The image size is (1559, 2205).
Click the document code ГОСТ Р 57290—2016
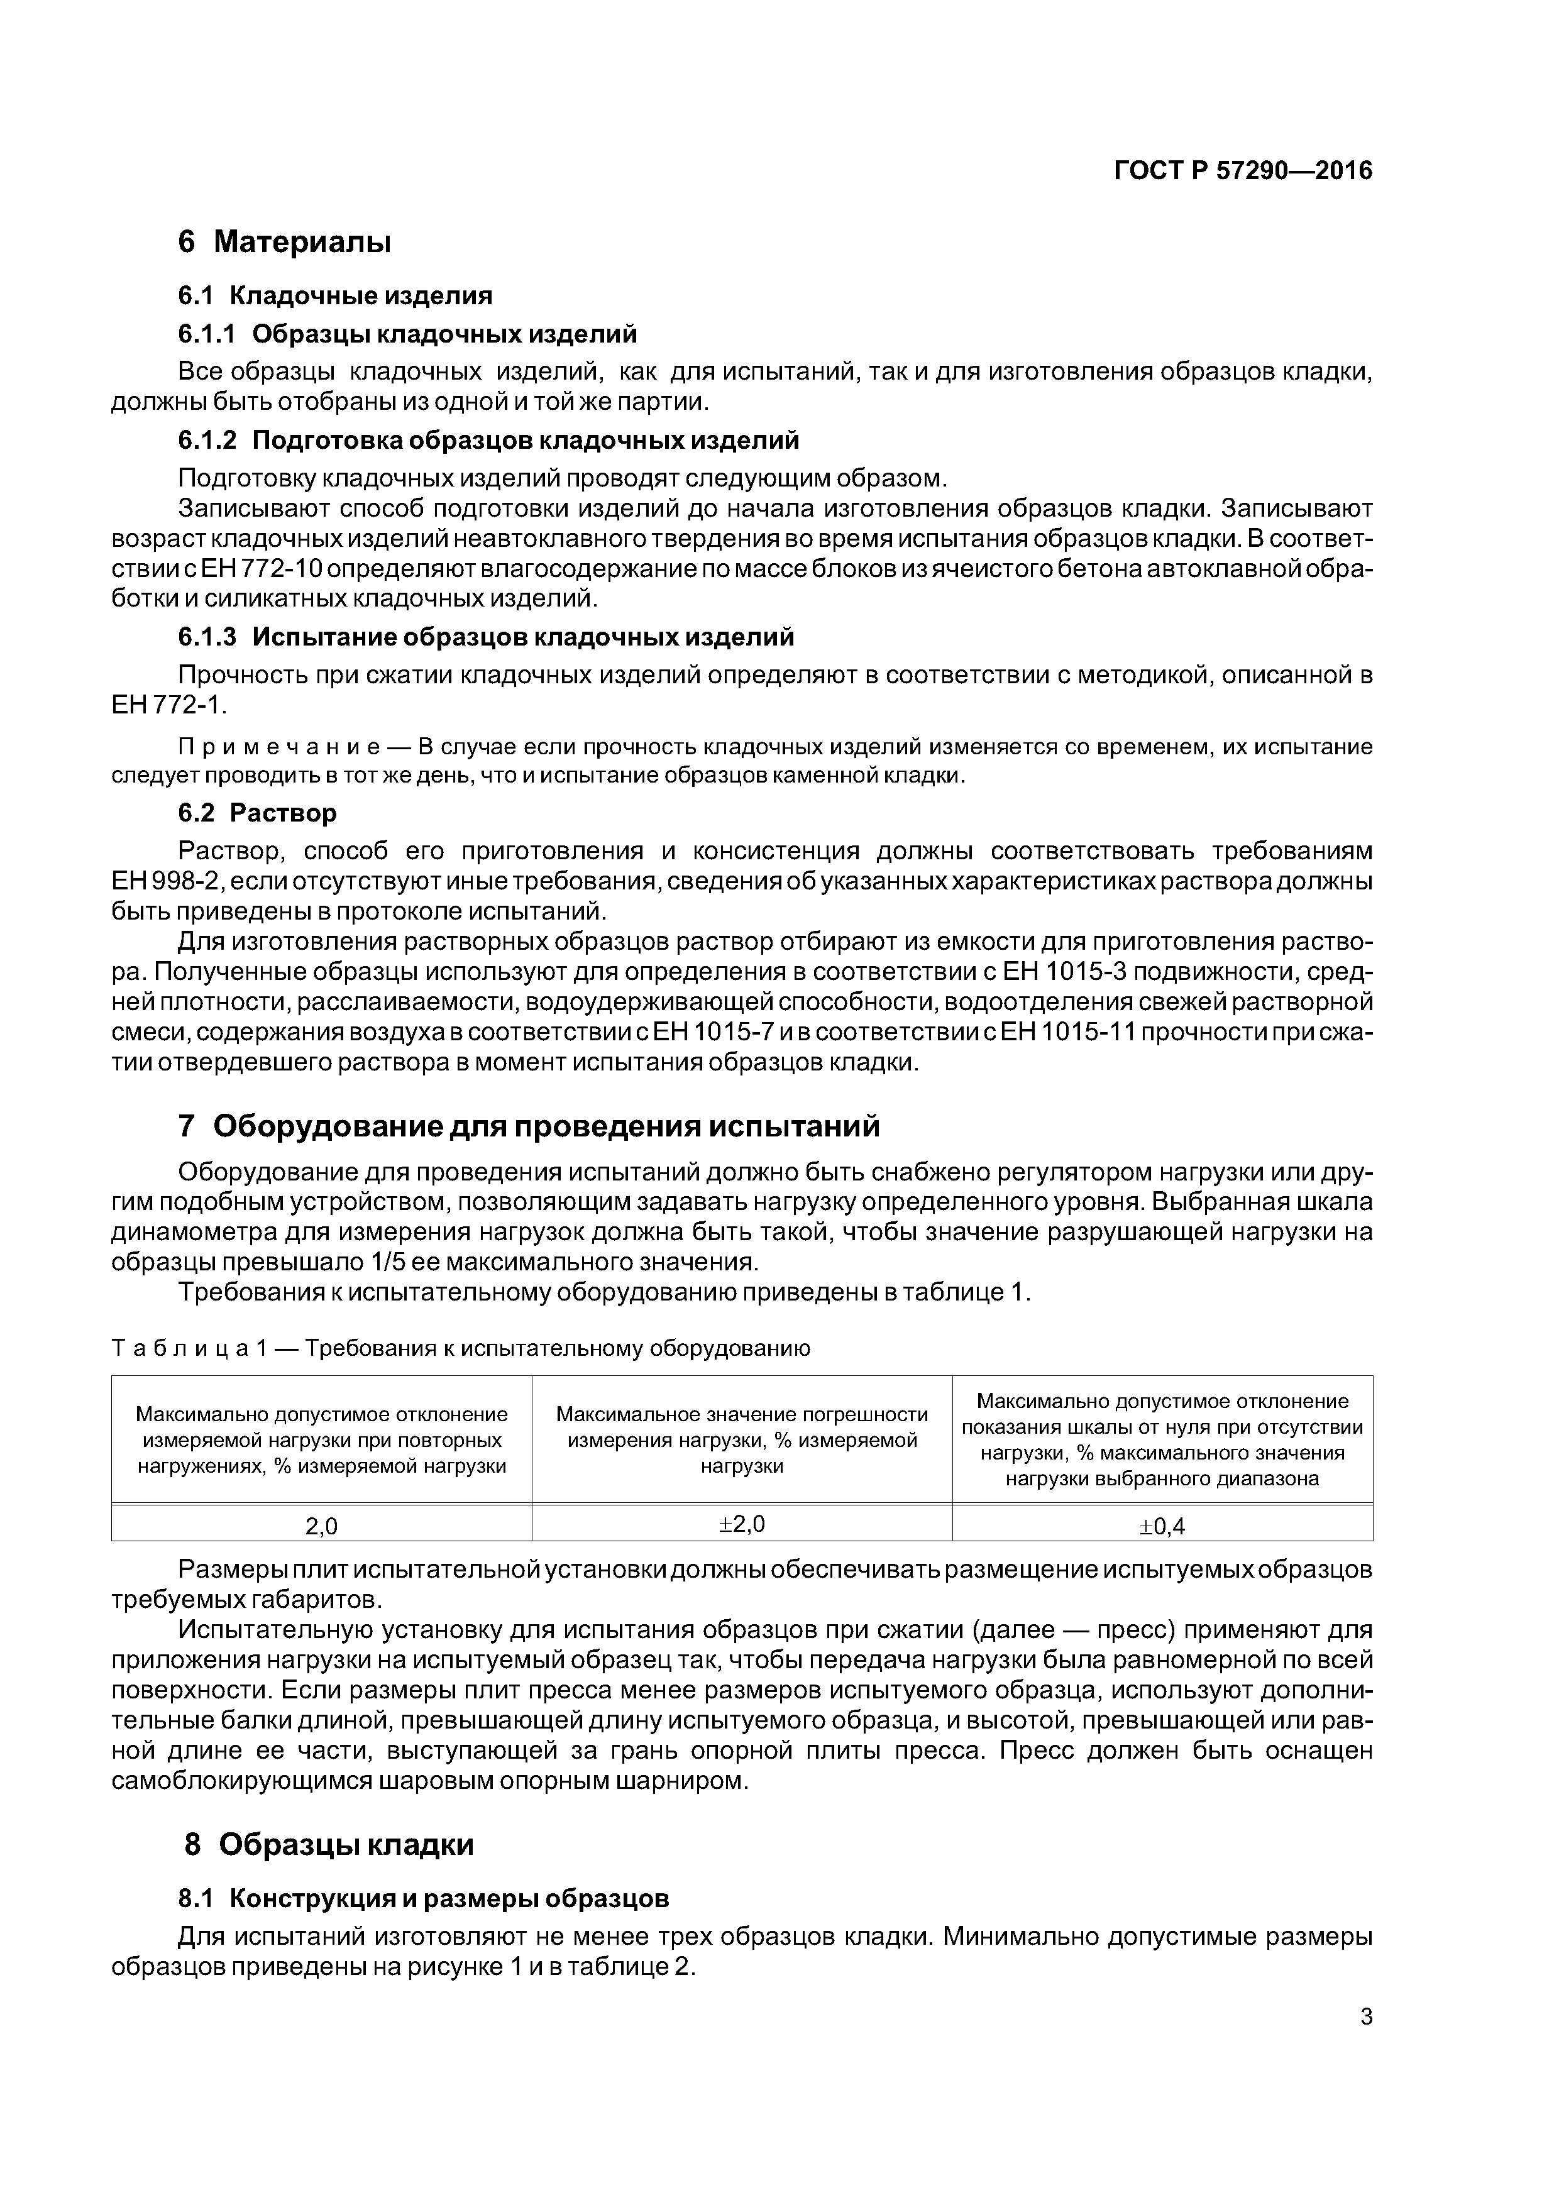tap(1243, 171)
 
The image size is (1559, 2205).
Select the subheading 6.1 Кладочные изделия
tap(335, 295)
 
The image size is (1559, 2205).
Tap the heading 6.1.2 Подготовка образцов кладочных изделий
tap(488, 440)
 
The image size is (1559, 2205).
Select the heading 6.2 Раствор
tap(258, 813)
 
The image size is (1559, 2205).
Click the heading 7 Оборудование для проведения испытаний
tap(528, 1126)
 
